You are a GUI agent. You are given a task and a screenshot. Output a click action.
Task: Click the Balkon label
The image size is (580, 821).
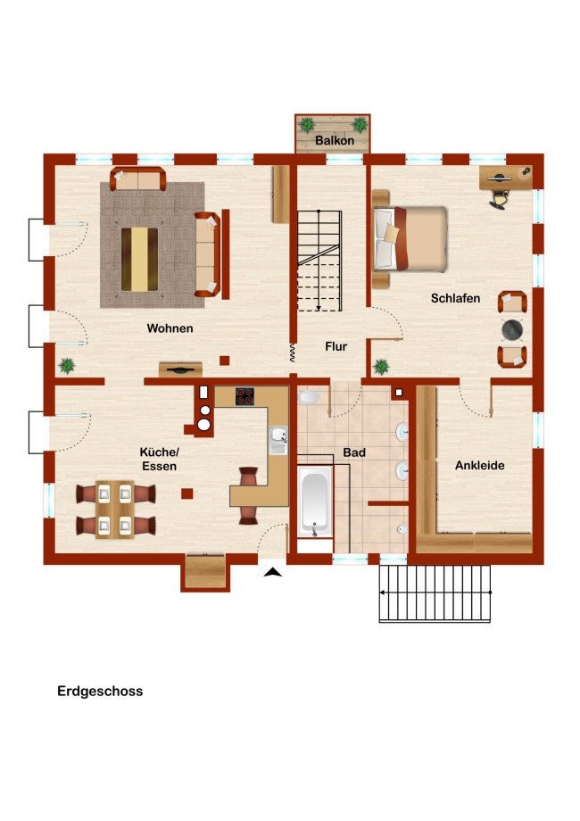pyautogui.click(x=335, y=140)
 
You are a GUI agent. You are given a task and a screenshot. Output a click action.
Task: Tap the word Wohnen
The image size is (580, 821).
pyautogui.click(x=170, y=328)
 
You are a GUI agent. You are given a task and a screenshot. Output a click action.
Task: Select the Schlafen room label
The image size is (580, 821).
pyautogui.click(x=455, y=298)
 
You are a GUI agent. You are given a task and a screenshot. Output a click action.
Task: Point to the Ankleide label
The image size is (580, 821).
pyautogui.click(x=479, y=465)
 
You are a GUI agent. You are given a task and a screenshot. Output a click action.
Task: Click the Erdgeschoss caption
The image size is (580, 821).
pyautogui.click(x=100, y=691)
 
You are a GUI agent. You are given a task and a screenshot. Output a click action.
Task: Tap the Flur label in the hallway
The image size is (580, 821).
pyautogui.click(x=336, y=346)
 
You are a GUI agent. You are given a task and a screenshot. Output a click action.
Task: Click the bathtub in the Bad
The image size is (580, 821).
pyautogui.click(x=315, y=502)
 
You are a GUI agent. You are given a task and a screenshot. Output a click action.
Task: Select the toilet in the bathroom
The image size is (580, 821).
pyautogui.click(x=308, y=397)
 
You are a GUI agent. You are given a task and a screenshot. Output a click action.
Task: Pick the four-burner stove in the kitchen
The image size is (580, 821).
pyautogui.click(x=244, y=396)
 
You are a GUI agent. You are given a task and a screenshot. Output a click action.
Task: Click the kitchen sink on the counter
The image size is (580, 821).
pyautogui.click(x=278, y=440)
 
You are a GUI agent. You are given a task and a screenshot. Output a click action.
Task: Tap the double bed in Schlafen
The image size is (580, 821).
pyautogui.click(x=410, y=239)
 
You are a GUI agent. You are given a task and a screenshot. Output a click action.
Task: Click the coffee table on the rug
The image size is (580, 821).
pyautogui.click(x=139, y=259)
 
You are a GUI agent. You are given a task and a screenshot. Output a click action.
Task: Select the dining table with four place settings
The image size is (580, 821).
pyautogui.click(x=114, y=510)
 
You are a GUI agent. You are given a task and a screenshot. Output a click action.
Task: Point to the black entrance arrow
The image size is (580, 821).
pyautogui.click(x=273, y=572)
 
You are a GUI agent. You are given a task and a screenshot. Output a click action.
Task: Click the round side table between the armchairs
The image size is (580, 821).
pyautogui.click(x=512, y=329)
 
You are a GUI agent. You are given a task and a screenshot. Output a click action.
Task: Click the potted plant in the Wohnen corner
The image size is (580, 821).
pyautogui.click(x=67, y=365)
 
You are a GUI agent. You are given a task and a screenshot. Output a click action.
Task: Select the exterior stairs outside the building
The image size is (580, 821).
pyautogui.click(x=435, y=593)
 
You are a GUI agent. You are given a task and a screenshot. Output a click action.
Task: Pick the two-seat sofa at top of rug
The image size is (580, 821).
pyautogui.click(x=138, y=179)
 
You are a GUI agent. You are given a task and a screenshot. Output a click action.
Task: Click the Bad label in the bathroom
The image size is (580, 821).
pyautogui.click(x=354, y=452)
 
